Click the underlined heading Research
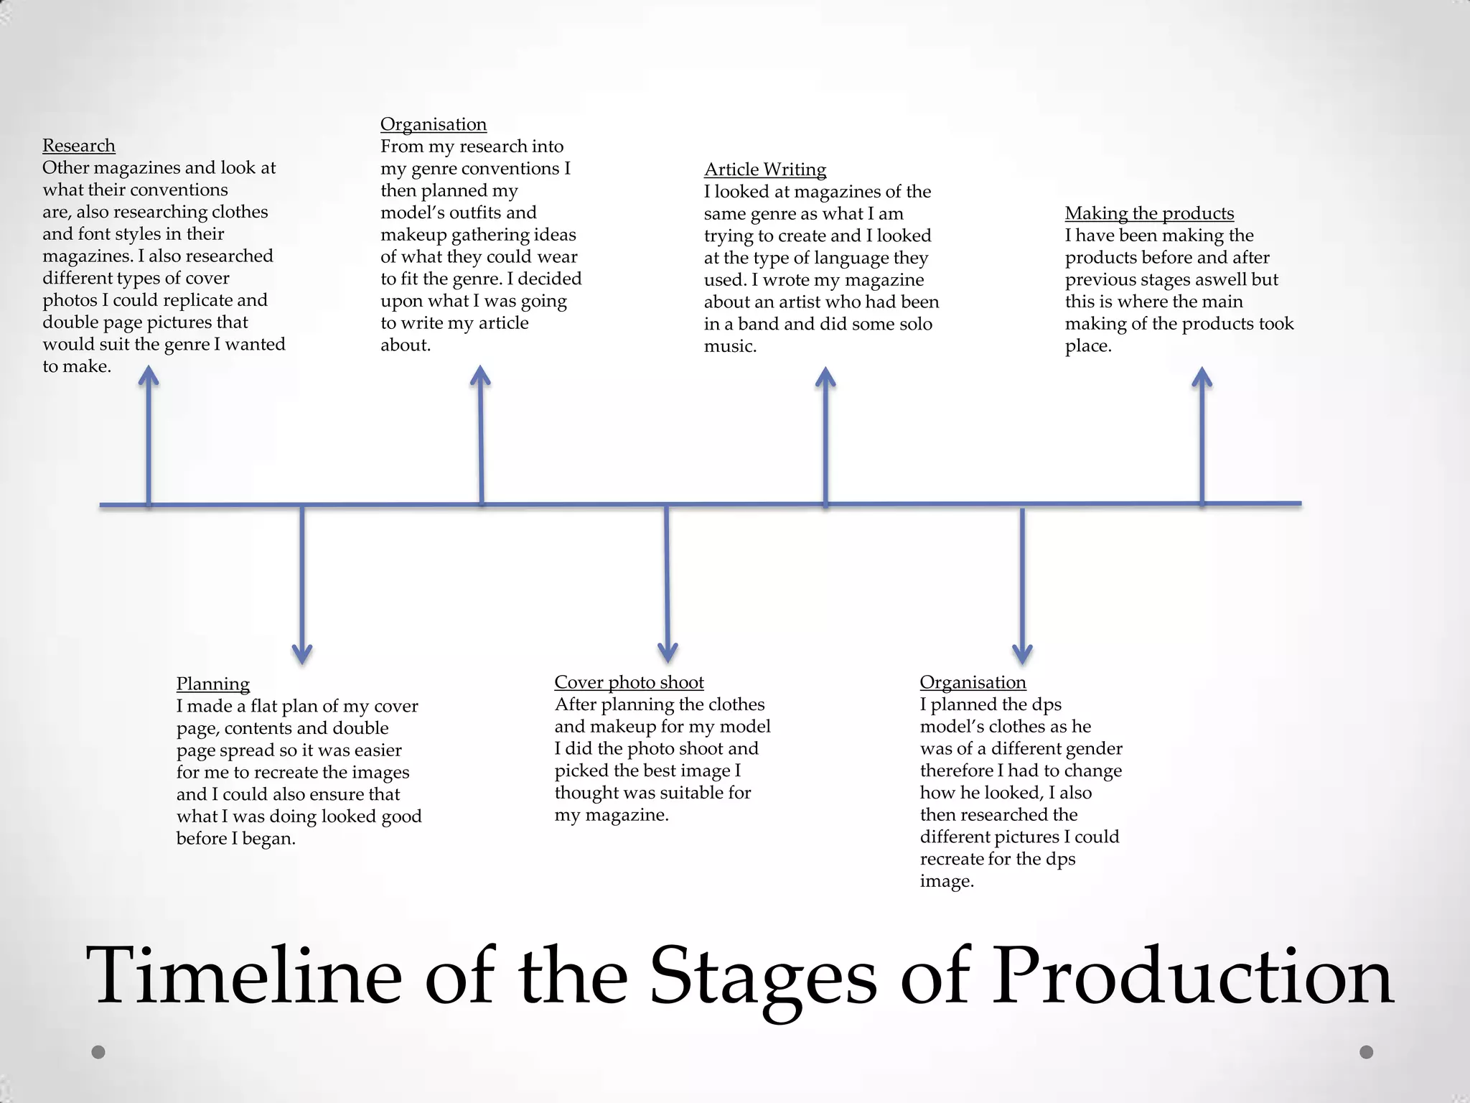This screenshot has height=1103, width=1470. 78,146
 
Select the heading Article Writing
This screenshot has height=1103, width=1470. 765,169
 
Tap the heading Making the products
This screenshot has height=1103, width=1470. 1149,213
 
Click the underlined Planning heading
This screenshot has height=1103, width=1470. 213,684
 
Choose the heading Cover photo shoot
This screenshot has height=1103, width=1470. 629,682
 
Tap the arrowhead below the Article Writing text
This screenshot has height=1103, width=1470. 825,378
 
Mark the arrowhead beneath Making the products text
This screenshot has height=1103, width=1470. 1202,378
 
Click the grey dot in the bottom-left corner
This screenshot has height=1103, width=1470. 99,1052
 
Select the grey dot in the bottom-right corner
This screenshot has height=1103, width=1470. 1367,1052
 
